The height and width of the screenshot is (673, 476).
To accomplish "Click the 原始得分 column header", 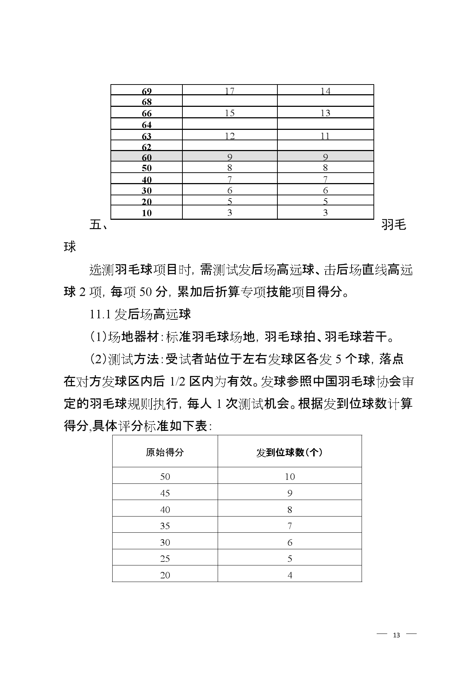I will [165, 452].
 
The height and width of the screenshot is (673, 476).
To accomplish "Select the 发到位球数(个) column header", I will [289, 452].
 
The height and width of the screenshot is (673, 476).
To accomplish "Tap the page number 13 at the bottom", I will [396, 635].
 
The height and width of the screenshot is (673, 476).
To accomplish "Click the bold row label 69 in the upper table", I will [147, 91].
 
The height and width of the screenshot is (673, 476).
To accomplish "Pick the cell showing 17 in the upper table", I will [230, 91].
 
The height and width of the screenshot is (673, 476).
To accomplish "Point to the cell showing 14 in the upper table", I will [325, 91].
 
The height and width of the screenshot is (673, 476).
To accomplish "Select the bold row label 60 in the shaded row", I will [147, 158].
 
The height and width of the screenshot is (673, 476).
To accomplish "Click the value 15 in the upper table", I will [230, 113].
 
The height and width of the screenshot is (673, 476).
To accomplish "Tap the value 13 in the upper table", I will [325, 113].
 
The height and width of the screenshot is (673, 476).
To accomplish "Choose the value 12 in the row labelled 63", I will [230, 136].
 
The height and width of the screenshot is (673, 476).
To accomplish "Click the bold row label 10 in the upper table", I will [147, 213].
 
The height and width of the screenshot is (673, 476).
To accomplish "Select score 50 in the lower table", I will [165, 477].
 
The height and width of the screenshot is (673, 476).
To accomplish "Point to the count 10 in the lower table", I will [290, 477].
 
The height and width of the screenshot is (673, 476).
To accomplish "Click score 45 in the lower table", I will [165, 493].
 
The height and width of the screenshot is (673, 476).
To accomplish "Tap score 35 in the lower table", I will [165, 526].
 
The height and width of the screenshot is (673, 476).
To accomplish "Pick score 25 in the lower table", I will [165, 559].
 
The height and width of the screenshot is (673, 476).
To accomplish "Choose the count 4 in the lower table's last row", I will [290, 575].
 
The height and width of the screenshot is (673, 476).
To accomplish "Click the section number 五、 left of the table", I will [98, 225].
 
